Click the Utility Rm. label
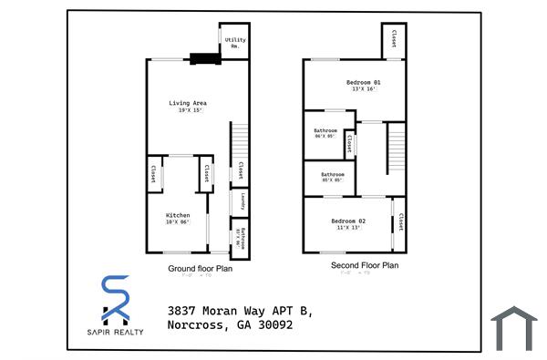[x=234, y=43]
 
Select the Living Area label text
[x=187, y=103]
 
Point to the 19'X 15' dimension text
[x=187, y=111]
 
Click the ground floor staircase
[x=239, y=140]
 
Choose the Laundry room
[x=242, y=202]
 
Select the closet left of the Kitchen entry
[x=152, y=174]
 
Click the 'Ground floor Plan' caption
[x=200, y=269]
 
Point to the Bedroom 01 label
[x=362, y=83]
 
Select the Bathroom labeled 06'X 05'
[x=325, y=133]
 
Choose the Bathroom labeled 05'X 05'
[x=331, y=176]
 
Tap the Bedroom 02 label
[x=348, y=221]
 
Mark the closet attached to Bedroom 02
[x=400, y=222]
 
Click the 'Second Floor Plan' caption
[x=364, y=266]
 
